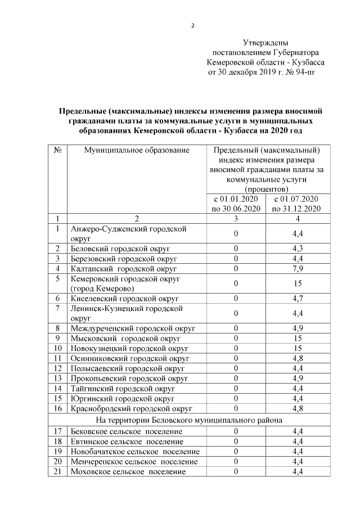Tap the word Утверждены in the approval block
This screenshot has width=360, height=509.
point(265,42)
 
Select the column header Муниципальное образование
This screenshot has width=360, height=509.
point(137,150)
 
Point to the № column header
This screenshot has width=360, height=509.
point(57,150)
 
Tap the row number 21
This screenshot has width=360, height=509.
point(57,471)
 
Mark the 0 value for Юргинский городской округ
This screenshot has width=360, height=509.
point(236,398)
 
